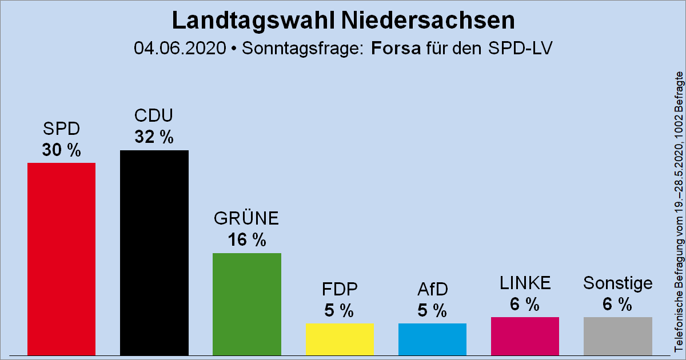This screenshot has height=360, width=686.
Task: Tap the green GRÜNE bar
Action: point(246,304)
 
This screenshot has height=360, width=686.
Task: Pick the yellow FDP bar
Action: point(340,339)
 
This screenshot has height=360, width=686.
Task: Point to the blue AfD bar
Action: point(432,339)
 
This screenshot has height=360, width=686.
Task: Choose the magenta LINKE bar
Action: point(525,336)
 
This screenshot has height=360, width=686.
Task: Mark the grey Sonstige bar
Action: point(617,336)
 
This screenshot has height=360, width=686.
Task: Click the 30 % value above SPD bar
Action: point(61,151)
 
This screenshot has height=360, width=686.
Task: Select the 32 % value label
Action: point(154,138)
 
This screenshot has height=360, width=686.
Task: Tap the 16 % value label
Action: point(246,241)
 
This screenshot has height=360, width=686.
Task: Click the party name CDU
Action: point(154,116)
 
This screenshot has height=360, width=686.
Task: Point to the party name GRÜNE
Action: point(246,219)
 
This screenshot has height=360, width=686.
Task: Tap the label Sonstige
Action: point(617,283)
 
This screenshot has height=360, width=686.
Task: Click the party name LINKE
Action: point(525,283)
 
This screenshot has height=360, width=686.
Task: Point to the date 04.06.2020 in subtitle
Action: point(180,48)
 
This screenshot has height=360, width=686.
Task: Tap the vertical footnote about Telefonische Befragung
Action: point(679,211)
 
